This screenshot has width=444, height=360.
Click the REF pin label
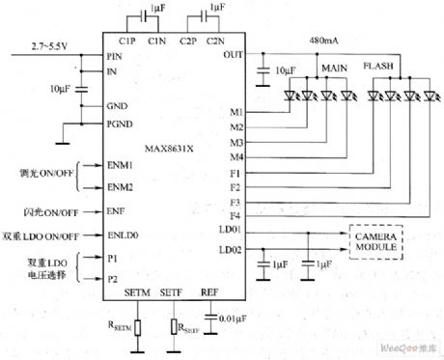[x=209, y=291]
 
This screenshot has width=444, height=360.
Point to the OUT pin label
[x=232, y=55]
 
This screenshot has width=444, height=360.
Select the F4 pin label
[x=235, y=216]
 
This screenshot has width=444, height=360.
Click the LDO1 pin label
[x=231, y=233]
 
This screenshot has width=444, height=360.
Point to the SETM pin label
[x=137, y=291]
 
